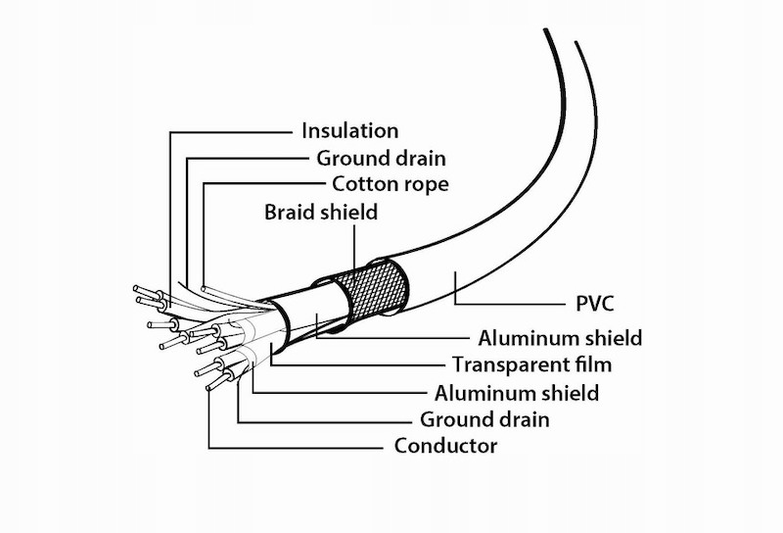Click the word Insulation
[349, 130]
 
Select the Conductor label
[445, 447]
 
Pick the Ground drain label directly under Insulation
[381, 158]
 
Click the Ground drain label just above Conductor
[484, 420]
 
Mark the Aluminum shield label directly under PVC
[560, 339]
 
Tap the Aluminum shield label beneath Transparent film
[516, 393]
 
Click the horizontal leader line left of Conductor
[294, 448]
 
